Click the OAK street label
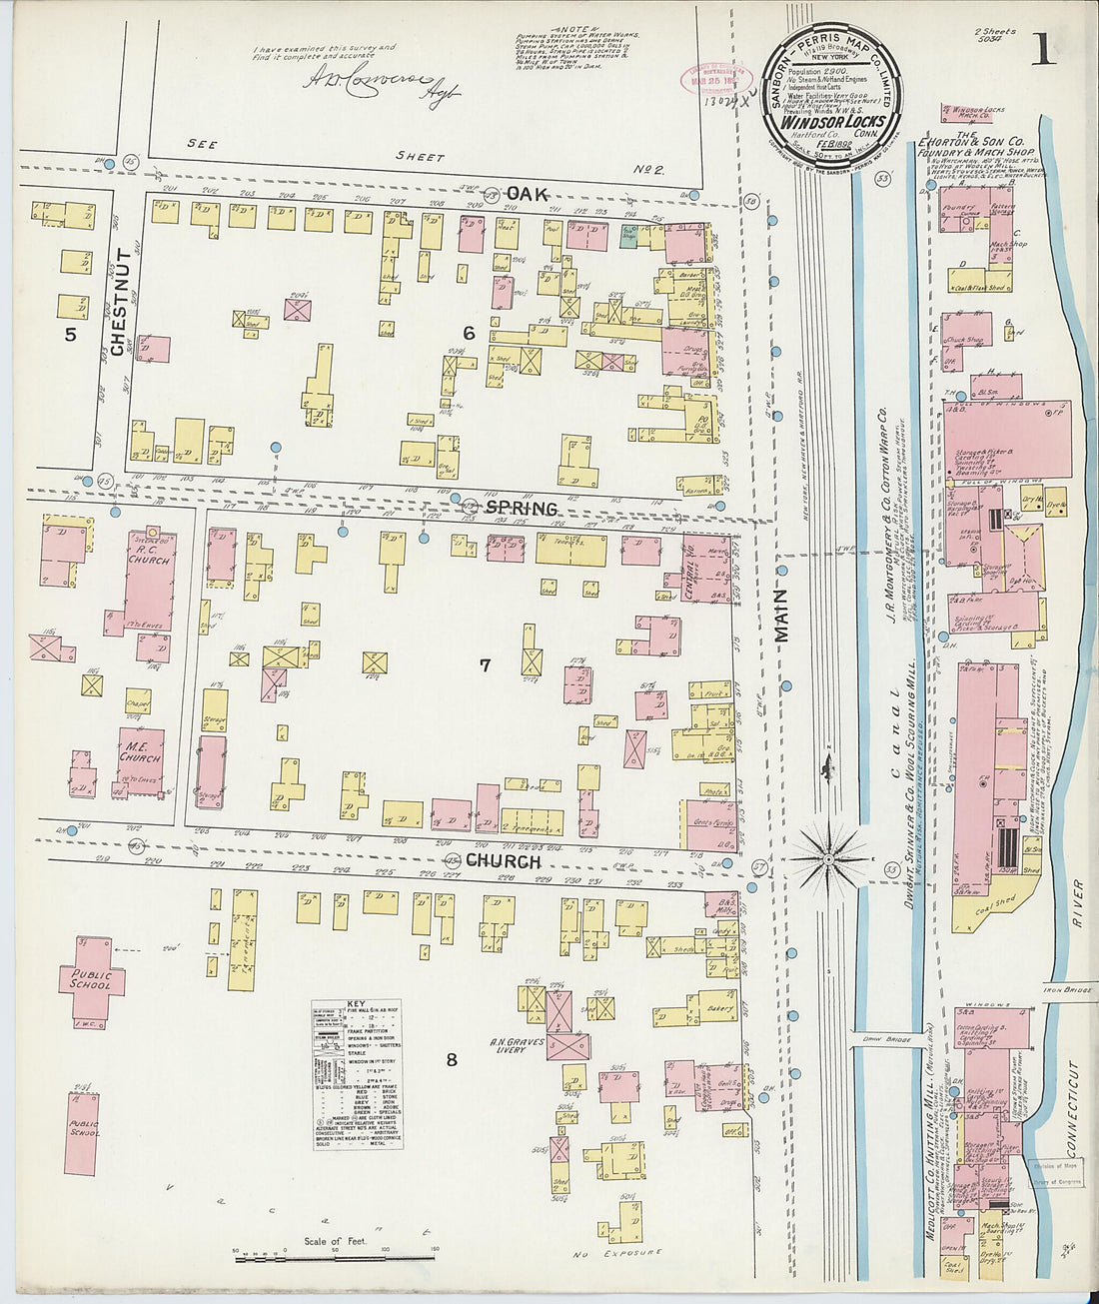click(x=527, y=193)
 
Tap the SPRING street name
click(x=521, y=508)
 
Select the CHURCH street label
click(x=503, y=860)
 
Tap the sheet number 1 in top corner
click(x=1043, y=50)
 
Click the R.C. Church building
click(x=149, y=580)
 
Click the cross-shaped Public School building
click(x=92, y=978)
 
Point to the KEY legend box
click(x=357, y=1073)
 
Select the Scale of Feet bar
click(x=336, y=1258)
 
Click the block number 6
click(x=468, y=333)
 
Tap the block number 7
click(x=485, y=664)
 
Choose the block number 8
click(x=452, y=1059)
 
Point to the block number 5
click(x=70, y=335)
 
